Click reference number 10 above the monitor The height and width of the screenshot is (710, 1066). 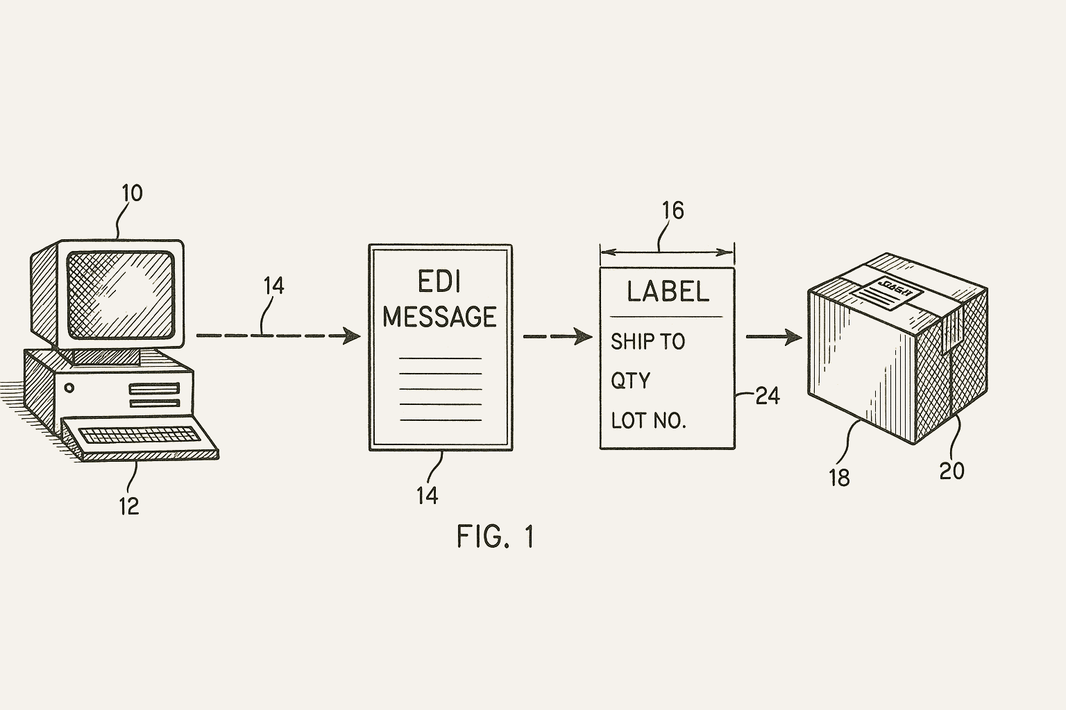tap(132, 193)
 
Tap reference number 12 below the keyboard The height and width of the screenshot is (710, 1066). tap(129, 505)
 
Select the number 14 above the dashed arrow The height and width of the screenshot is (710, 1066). tap(273, 286)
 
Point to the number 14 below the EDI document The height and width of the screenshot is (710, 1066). tap(427, 495)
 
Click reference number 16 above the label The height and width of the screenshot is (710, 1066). tap(672, 210)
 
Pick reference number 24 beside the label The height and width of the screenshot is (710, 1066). tap(767, 396)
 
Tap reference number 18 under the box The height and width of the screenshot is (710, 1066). tap(839, 477)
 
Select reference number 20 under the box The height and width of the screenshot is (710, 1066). tap(951, 471)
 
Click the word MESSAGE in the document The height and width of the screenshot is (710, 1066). tap(439, 316)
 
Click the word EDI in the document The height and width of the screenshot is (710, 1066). tap(439, 282)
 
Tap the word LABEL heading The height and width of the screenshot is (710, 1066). tap(668, 291)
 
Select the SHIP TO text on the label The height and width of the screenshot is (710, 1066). tap(648, 341)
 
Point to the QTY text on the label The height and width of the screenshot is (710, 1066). tap(630, 380)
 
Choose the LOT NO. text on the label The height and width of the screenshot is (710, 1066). tap(648, 420)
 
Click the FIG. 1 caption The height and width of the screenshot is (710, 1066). tap(496, 536)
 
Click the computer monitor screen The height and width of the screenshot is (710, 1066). tap(119, 295)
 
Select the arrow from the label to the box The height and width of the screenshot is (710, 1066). tap(773, 338)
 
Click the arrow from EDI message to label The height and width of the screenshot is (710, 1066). tap(557, 337)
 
